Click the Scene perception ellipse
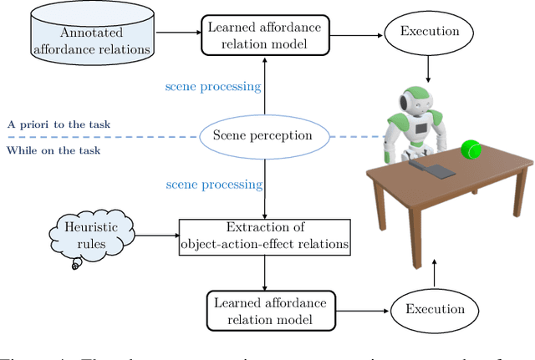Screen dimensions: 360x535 (x=264, y=134)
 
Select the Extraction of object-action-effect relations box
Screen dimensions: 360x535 (x=263, y=236)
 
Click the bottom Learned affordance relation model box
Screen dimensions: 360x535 (x=264, y=308)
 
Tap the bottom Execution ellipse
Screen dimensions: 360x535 (x=434, y=309)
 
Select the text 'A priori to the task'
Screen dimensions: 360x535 (x=59, y=125)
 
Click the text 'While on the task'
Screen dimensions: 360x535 (x=53, y=150)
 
